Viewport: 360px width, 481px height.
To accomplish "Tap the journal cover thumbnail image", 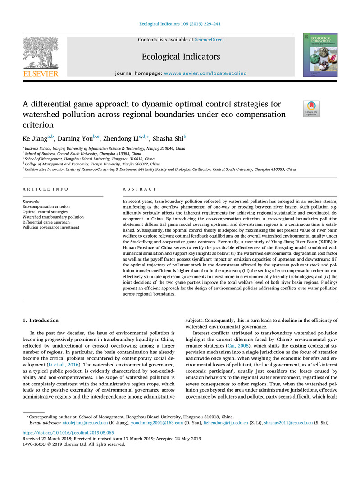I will click(x=320, y=54).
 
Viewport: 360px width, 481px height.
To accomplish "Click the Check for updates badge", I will click(x=311, y=109).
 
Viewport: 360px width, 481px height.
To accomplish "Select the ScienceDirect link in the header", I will click(x=209, y=40).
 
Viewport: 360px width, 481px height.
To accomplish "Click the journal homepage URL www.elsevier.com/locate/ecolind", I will click(x=214, y=72).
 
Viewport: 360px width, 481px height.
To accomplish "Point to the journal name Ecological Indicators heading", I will click(x=181, y=56).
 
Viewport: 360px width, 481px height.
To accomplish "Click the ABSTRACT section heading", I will click(x=140, y=189).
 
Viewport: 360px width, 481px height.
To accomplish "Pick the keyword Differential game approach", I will click(x=46, y=222).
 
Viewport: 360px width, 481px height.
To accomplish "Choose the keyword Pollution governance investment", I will click(x=51, y=228).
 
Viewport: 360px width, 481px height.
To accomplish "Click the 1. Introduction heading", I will click(x=41, y=320).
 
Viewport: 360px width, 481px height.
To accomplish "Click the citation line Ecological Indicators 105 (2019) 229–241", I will click(x=180, y=24).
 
